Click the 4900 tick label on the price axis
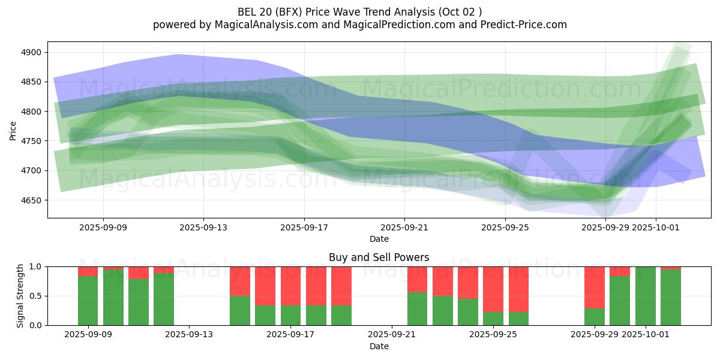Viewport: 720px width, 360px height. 30,53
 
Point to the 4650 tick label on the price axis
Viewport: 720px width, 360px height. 30,200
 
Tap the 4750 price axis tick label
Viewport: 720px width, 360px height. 30,142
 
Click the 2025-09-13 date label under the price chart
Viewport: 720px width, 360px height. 203,227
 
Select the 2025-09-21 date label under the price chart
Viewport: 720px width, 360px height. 404,227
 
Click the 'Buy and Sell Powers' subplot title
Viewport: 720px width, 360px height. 379,257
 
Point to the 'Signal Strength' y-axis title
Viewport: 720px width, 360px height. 20,296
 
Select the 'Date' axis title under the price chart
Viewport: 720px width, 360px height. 379,239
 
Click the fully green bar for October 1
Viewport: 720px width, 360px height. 646,296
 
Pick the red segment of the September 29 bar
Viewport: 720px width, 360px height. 595,287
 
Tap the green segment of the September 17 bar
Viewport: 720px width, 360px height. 290,316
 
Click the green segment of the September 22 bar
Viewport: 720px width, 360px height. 418,309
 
